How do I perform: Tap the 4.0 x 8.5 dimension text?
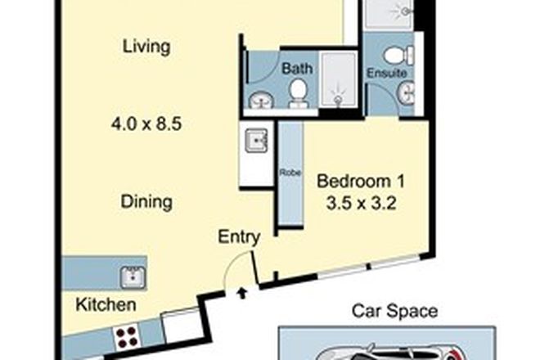click(146, 126)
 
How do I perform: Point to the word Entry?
click(239, 237)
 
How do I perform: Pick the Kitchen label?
click(106, 306)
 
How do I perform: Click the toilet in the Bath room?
click(298, 90)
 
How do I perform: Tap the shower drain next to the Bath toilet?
click(336, 99)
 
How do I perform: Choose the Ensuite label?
click(385, 72)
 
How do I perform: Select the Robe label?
click(289, 173)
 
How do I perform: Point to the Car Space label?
click(394, 311)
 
